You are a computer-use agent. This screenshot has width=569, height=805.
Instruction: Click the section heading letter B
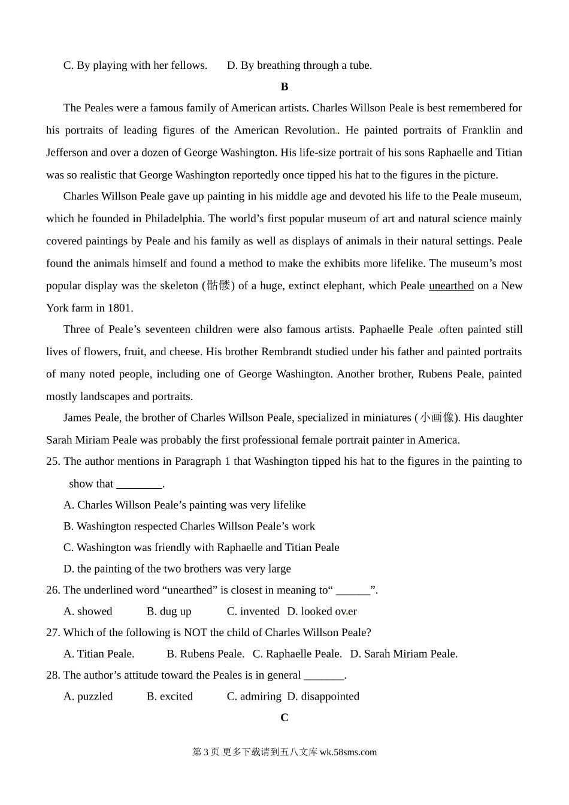click(x=284, y=87)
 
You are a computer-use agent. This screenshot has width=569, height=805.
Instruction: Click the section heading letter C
click(x=284, y=718)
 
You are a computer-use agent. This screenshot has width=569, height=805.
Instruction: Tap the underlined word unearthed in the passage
click(x=451, y=286)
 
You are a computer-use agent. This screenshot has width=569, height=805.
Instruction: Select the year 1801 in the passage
click(x=119, y=308)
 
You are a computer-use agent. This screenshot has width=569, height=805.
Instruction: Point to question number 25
click(x=53, y=461)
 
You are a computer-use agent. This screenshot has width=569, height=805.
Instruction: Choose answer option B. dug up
click(x=169, y=612)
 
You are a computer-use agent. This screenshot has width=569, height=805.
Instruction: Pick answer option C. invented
click(x=253, y=612)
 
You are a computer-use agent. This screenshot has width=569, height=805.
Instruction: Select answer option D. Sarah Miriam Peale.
click(x=404, y=654)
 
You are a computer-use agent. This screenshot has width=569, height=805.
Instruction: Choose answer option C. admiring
click(x=254, y=697)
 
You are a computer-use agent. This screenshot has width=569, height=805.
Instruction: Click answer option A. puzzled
click(x=88, y=697)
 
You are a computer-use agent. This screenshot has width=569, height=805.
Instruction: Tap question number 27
click(x=53, y=632)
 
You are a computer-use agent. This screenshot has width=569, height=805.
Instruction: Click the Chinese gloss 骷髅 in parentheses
click(x=219, y=286)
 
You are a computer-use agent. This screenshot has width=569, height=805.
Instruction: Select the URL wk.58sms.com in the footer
click(x=348, y=752)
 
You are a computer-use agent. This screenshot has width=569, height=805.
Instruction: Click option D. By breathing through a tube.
click(x=299, y=65)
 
